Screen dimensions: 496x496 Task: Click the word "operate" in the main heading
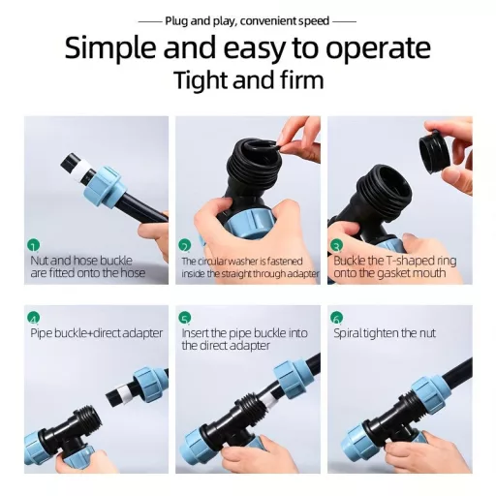pos(378,48)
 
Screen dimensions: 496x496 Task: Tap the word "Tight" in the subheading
pos(201,80)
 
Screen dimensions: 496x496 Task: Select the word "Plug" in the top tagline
pos(176,21)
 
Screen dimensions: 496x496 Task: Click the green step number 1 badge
pos(34,246)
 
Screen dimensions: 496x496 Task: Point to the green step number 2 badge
pos(185,246)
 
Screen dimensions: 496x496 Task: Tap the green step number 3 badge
pos(336,246)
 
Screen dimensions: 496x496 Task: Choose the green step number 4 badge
pos(34,318)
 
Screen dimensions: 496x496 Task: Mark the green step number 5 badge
pos(185,318)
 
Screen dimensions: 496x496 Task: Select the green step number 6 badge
pos(336,318)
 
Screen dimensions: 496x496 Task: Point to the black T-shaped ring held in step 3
pos(434,151)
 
